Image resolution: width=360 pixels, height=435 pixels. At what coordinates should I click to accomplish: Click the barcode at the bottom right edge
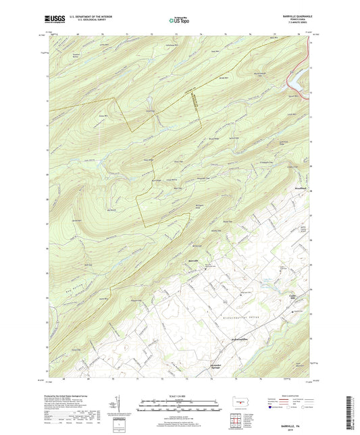tap(353, 412)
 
